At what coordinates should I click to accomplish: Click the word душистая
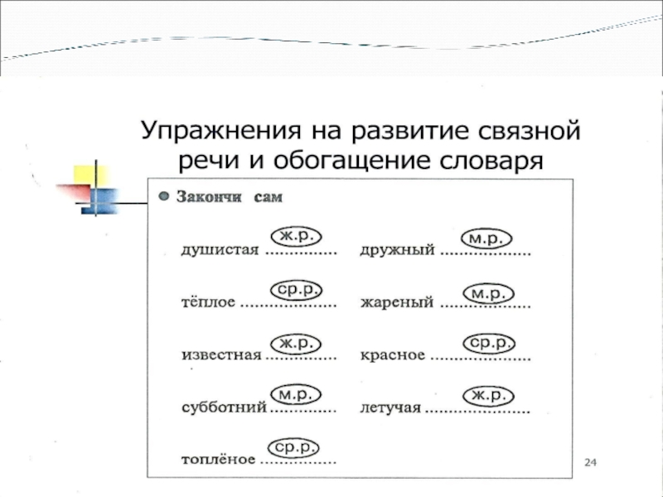pos(220,249)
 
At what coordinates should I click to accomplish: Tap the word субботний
pos(224,408)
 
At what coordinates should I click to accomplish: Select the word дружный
pos(397,250)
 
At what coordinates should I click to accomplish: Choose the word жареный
pos(397,303)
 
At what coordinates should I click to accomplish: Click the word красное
pos(393,355)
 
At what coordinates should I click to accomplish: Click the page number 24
pos(591,461)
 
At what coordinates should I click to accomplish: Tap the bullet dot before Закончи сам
pos(164,197)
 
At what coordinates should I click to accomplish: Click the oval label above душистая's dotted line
pos(296,236)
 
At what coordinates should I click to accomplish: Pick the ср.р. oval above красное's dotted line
pos(487,342)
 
